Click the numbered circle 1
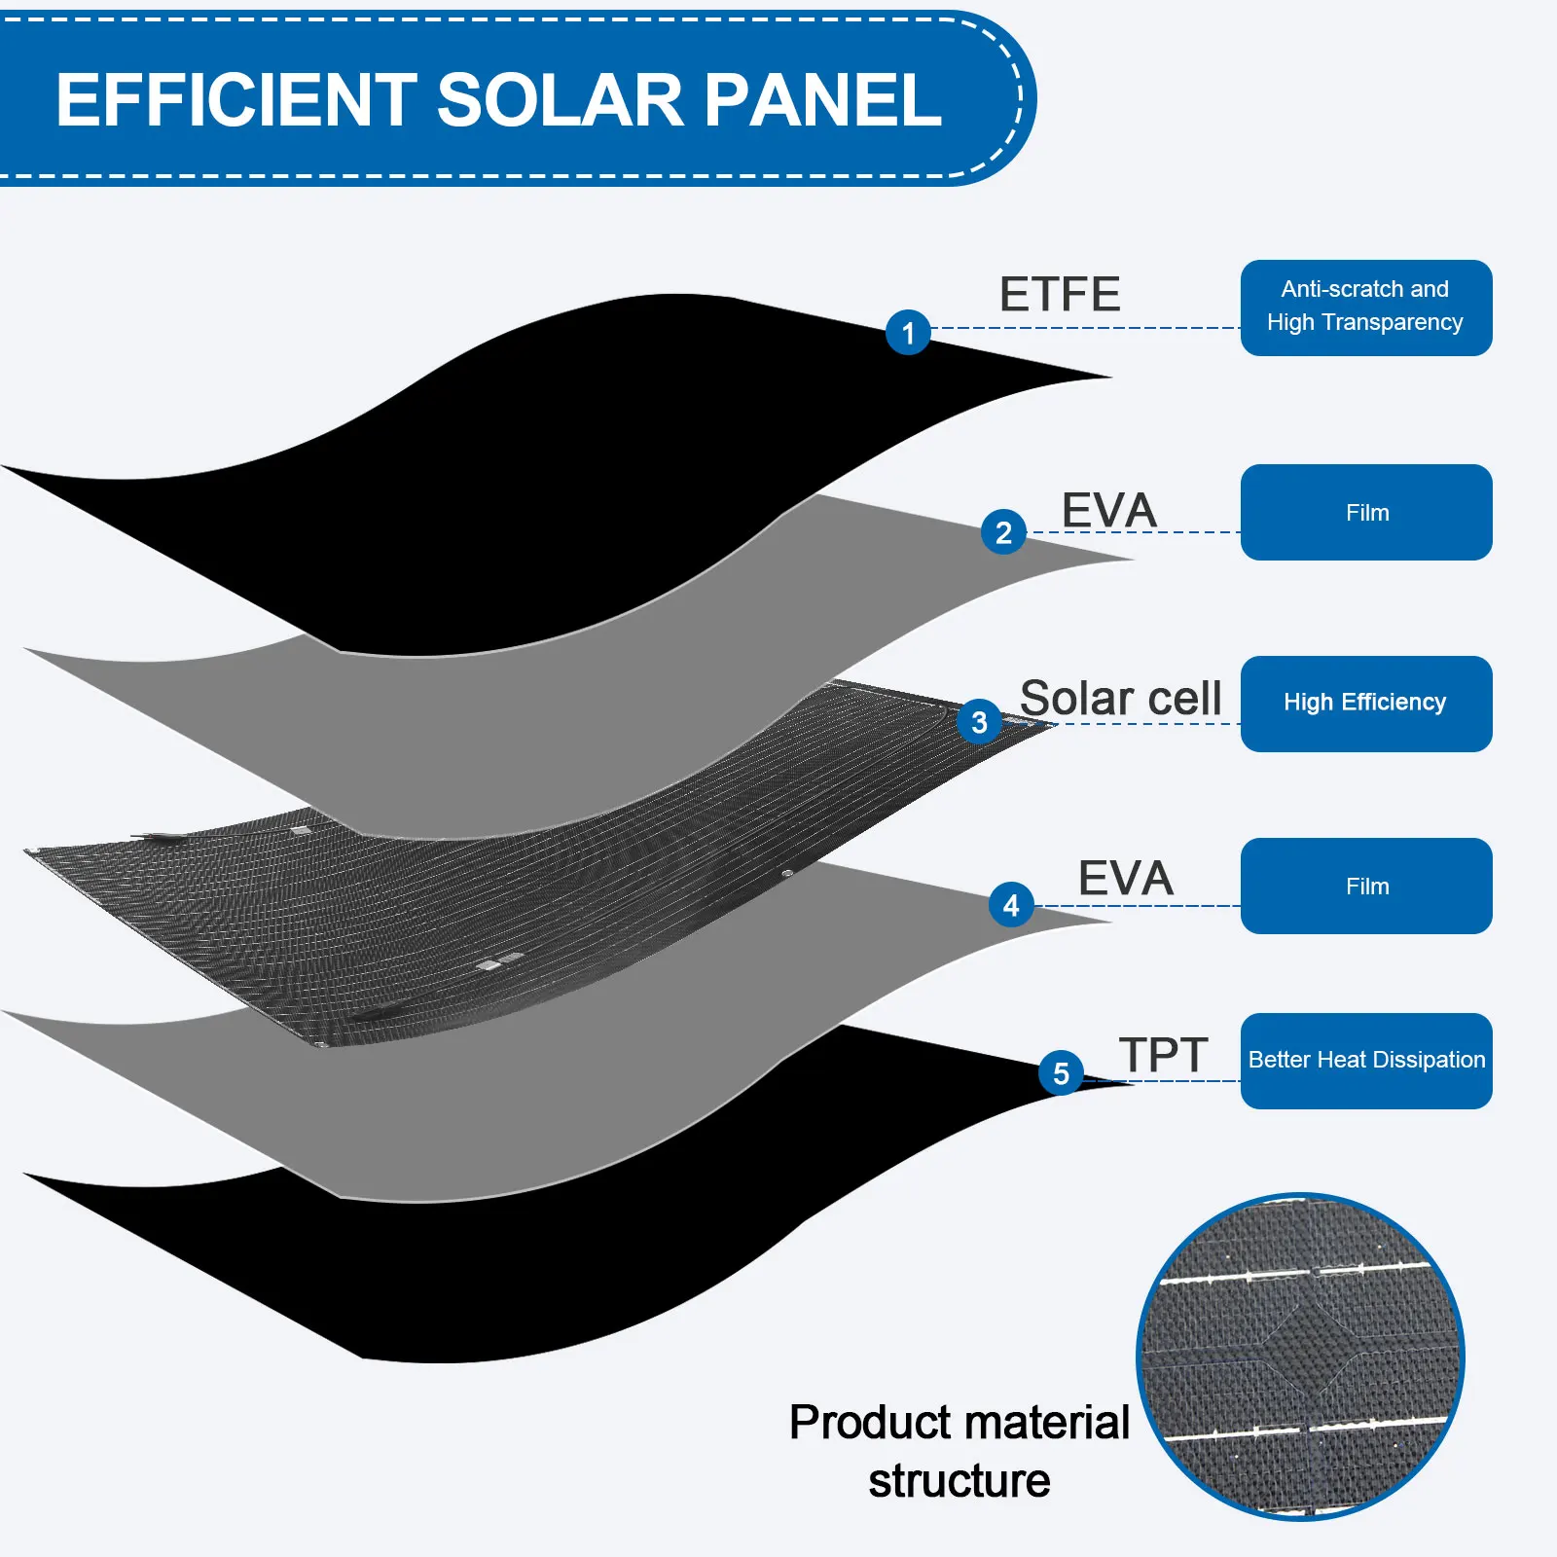[908, 332]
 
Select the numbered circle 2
[1003, 531]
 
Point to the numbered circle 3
[979, 721]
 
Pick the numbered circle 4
[1011, 905]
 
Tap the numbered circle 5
[1061, 1072]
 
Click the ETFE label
[1060, 294]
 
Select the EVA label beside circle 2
[1108, 510]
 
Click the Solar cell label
[1120, 698]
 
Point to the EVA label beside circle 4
[1126, 878]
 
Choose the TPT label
[1163, 1055]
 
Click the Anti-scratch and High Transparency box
[1366, 308]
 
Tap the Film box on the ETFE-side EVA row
[1366, 512]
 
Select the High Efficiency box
[1366, 704]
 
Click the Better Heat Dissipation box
[1366, 1061]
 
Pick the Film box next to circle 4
[1366, 886]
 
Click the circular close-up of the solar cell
[1300, 1357]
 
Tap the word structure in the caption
[960, 1481]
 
